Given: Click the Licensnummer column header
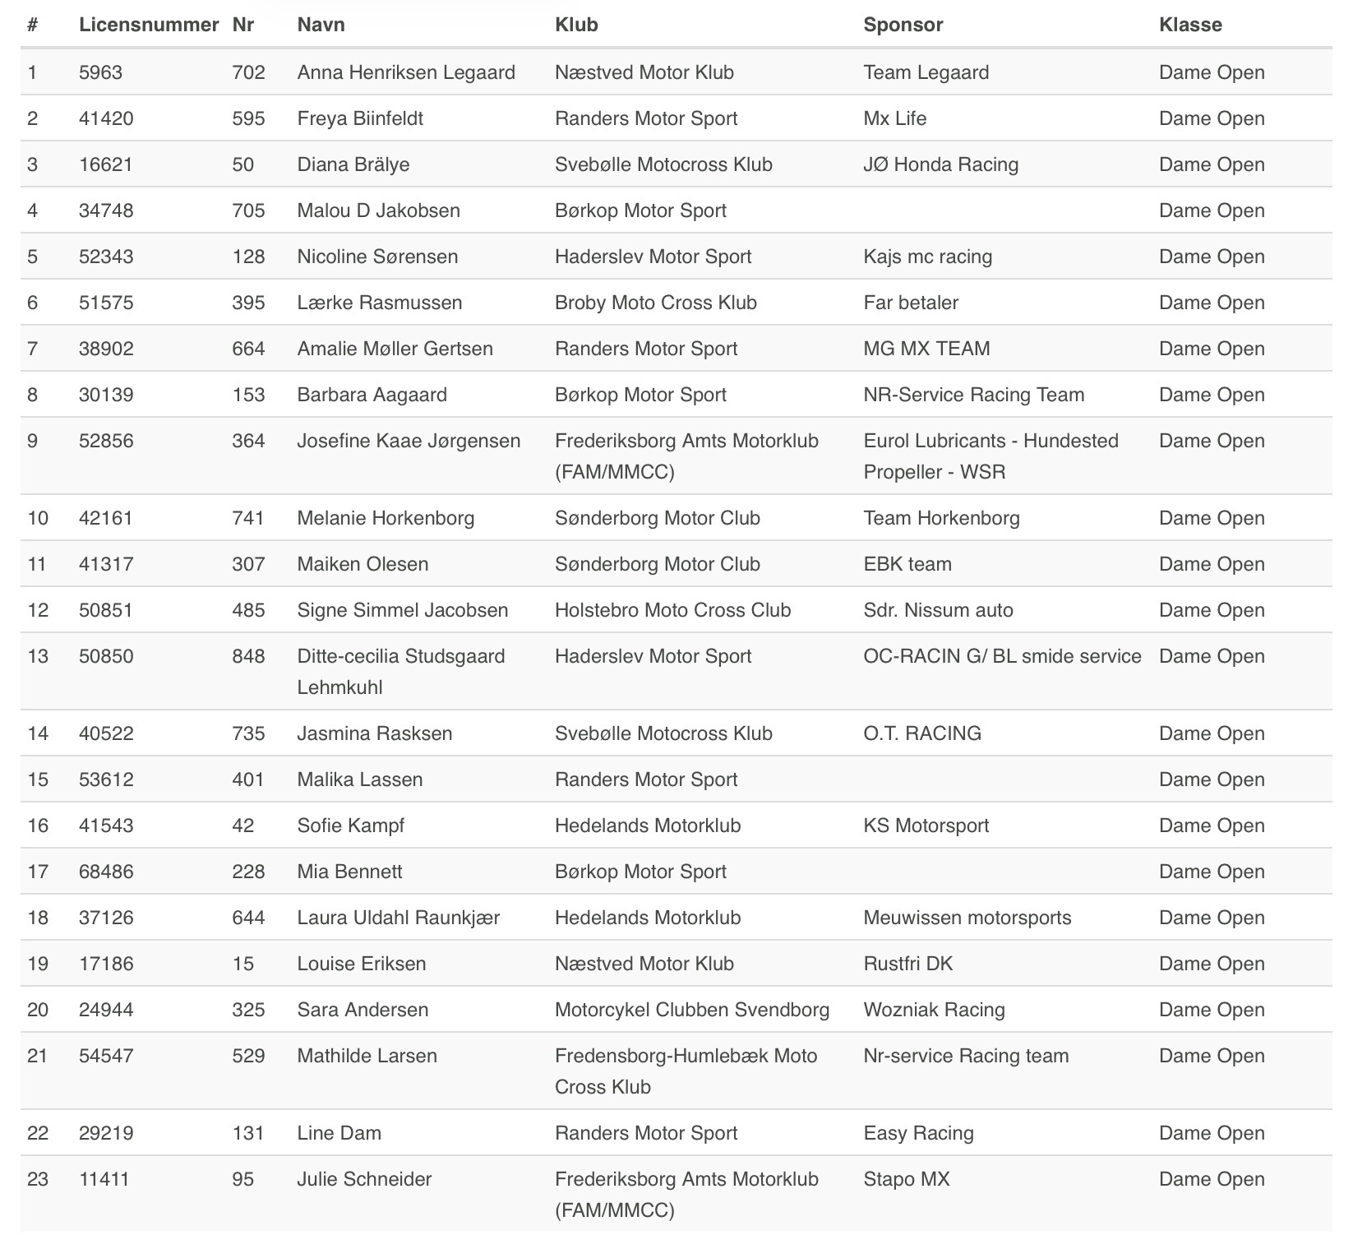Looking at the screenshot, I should coord(149,25).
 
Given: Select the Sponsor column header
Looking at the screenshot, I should coord(903,25).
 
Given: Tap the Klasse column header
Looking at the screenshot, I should coord(1189,25).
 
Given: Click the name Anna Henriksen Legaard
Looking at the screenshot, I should coord(406,72).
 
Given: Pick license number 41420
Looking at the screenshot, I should coord(106,118).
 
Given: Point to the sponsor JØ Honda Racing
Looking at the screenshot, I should coord(940,164).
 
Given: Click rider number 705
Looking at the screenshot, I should coord(248,210).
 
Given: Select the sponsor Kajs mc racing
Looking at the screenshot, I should coord(927,257).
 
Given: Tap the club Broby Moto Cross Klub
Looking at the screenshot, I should coord(655,303).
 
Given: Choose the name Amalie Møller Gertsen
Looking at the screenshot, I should coord(395,349).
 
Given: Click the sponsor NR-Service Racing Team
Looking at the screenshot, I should coord(973,395).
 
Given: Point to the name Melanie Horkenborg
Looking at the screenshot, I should coord(386,518).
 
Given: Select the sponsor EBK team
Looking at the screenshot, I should coord(907,564).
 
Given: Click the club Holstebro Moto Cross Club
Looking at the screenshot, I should coord(672,610).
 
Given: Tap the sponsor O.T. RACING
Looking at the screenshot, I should coord(922,733).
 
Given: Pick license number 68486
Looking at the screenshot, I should coord(106,872).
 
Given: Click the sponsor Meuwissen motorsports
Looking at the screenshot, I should coord(967,918).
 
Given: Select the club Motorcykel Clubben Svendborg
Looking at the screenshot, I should coord(691,1010).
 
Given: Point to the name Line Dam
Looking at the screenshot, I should coord(339,1133).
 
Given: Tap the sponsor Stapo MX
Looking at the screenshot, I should coord(906,1179).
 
